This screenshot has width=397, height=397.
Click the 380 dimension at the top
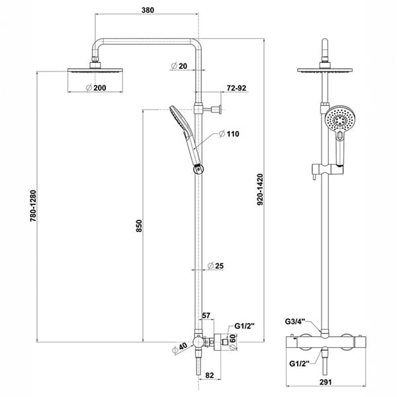pos(148,10)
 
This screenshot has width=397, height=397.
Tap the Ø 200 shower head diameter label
pos(96,88)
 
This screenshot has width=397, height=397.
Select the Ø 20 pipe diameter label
pos(179,66)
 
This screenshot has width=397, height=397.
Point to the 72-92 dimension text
pos(236,88)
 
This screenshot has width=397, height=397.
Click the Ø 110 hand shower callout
pos(229,134)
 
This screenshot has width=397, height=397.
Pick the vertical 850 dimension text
pos(139,226)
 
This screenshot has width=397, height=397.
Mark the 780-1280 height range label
pos(33,206)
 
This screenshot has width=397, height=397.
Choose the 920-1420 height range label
pos(260,189)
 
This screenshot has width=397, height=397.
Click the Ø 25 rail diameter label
pos(216,266)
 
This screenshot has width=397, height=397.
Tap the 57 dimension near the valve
pos(206,316)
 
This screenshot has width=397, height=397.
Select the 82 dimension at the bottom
pos(210,375)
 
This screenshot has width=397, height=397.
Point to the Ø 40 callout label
pos(179,348)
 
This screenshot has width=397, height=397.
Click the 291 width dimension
pos(326,382)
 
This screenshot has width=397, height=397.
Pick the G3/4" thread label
pos(296,322)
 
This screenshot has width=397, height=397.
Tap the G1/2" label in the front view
pos(300,364)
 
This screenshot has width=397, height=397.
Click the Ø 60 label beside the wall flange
pos(233,342)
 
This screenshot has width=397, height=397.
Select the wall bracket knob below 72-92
pos(220,109)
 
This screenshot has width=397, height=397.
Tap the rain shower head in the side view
pos(95,70)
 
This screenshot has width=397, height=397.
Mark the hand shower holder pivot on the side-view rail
pos(198,169)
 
